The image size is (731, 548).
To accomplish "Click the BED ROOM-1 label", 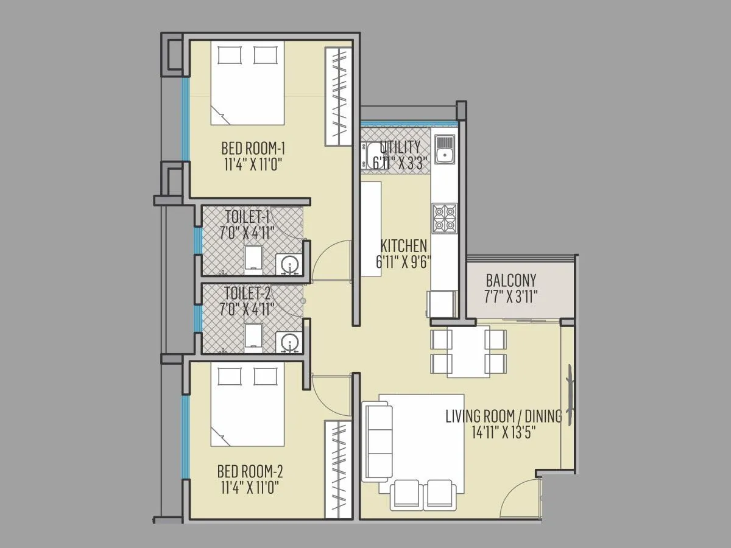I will tap(253, 148).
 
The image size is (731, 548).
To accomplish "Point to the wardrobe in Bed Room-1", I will tap(338, 96).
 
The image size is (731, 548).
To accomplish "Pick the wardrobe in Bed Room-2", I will tap(338, 469).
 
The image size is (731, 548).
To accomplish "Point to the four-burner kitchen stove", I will tap(445, 218).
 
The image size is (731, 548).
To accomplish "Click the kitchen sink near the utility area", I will tap(445, 149).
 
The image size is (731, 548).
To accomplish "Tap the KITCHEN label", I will tap(403, 246).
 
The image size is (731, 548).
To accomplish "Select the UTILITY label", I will tap(400, 147).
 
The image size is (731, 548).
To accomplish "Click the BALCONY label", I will tap(511, 281).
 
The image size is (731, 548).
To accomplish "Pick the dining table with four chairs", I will tap(468, 351).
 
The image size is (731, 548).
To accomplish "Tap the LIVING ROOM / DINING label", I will tap(504, 417).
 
